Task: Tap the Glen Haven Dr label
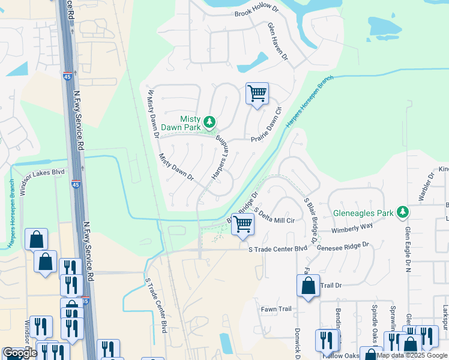pos(278,41)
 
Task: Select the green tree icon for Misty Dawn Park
pos(209,123)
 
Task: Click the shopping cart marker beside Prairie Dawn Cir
pos(257,94)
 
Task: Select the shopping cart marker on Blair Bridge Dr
pos(243,224)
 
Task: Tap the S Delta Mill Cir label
pos(274,216)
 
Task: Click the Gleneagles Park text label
pos(364,212)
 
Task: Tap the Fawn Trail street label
pos(276,309)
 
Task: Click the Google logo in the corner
pos(20,353)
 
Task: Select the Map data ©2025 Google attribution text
pos(411,355)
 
